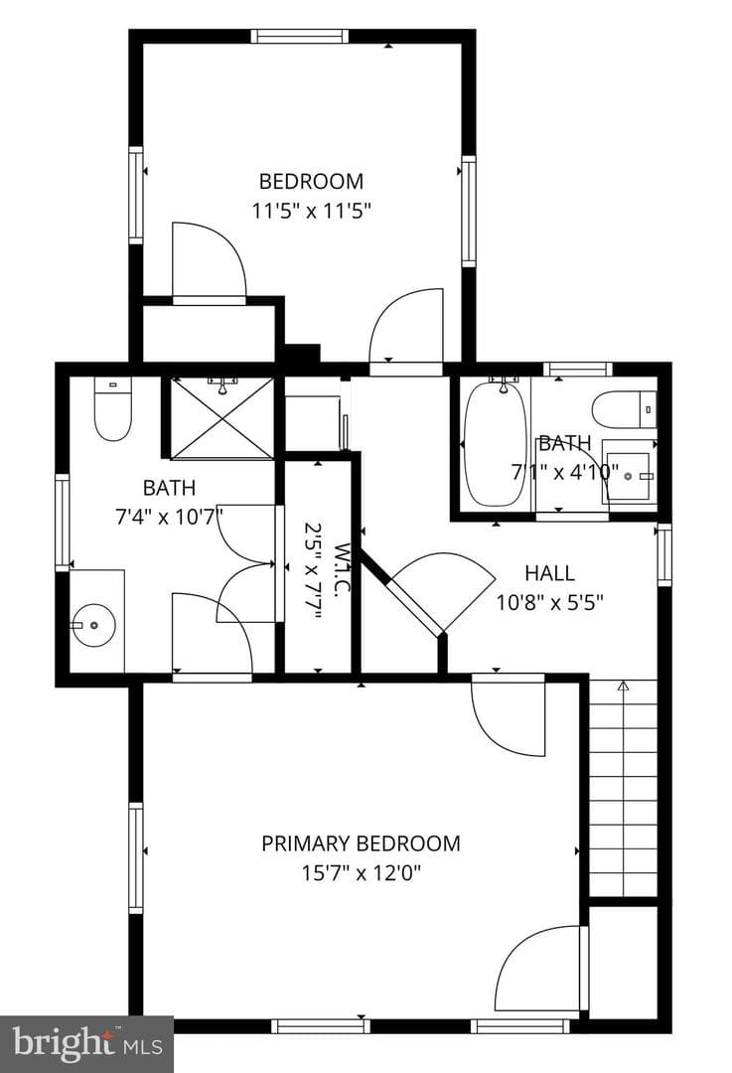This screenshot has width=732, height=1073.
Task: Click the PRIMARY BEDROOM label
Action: click(x=361, y=843)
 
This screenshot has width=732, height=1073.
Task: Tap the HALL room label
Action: click(x=549, y=573)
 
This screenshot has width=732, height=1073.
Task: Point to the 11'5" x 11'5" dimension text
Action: click(x=311, y=210)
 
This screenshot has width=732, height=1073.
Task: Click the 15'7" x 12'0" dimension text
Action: click(x=361, y=873)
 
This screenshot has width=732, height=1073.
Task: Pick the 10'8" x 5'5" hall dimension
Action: click(x=549, y=603)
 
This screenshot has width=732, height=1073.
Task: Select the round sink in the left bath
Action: click(x=93, y=625)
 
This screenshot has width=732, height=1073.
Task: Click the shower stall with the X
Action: click(x=220, y=417)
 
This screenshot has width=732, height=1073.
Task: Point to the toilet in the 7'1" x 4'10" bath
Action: click(x=624, y=409)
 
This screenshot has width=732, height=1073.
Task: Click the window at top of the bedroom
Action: click(x=300, y=37)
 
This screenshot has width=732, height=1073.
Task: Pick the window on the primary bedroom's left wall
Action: click(x=136, y=858)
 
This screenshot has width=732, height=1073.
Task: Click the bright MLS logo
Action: click(x=86, y=1043)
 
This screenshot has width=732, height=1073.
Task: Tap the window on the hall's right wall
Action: click(x=664, y=555)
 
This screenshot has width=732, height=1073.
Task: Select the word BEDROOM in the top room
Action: click(x=311, y=182)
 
